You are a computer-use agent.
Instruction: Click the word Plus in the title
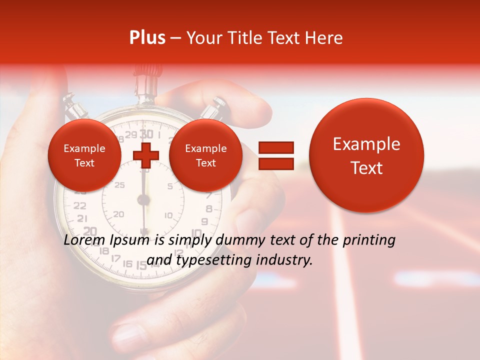[x=147, y=38]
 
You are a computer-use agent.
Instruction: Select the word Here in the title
[x=323, y=38]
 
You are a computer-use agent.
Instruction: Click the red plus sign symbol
[x=146, y=155]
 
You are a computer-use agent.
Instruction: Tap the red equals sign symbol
[x=275, y=155]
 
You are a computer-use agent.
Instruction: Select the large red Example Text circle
[x=366, y=155]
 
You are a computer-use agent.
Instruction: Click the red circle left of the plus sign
[x=84, y=155]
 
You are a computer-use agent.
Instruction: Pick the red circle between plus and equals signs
[x=205, y=155]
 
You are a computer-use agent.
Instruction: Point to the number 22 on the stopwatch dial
[x=79, y=205]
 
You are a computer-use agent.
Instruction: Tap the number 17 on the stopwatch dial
[x=115, y=258]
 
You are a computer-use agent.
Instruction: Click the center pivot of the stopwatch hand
[x=144, y=200]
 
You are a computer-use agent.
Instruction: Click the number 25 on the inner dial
[x=119, y=185]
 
